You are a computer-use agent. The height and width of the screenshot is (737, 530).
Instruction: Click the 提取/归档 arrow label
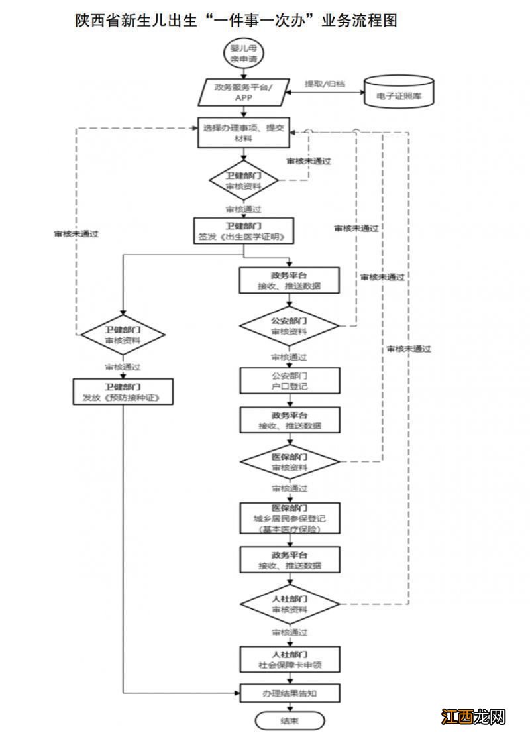pos(324,85)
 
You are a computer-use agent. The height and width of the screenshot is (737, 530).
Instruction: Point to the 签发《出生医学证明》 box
pos(243,231)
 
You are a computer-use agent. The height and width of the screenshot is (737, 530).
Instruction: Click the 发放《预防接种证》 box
pos(123,392)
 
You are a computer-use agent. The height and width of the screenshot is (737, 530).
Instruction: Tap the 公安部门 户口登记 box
pos(290,380)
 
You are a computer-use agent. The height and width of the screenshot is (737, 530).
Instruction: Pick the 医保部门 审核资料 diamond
pos(290,462)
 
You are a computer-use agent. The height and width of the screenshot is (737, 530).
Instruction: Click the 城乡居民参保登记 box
pos(290,518)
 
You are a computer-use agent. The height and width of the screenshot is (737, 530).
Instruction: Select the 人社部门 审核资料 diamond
pos(290,603)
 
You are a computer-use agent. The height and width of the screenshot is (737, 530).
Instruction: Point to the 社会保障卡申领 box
pos(290,659)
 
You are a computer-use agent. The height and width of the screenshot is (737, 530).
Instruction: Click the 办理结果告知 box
pos(290,693)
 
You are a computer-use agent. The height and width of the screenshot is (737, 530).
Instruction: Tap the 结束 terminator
pos(290,721)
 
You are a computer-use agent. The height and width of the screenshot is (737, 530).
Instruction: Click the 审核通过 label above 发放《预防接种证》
pos(123,366)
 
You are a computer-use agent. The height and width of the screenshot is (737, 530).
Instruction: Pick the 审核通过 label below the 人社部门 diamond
pos(290,632)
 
